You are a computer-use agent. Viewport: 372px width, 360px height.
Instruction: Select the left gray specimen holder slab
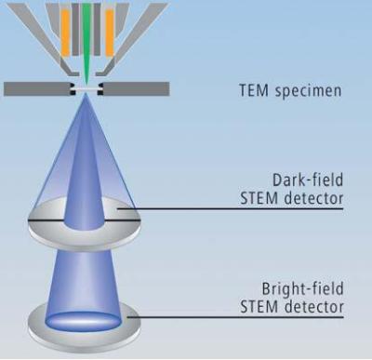(36, 89)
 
